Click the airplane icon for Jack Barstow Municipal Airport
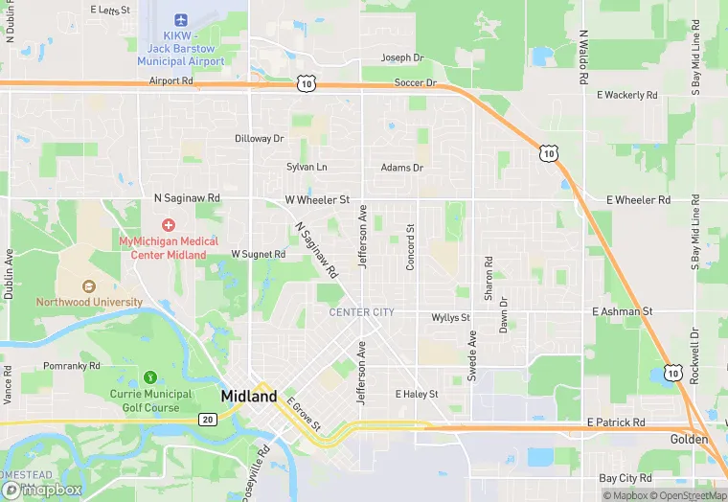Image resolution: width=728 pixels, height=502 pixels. (181, 20)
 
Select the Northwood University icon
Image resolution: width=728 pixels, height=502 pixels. (89, 285)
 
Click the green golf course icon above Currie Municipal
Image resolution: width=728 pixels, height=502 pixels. (149, 377)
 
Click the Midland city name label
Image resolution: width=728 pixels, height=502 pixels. (249, 396)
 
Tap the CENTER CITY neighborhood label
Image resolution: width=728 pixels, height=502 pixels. (361, 312)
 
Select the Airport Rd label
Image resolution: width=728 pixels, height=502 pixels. (171, 82)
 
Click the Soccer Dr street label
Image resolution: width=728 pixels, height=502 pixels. (416, 83)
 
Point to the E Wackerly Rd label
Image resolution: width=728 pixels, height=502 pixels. (627, 96)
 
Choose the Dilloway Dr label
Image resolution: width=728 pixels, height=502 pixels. (260, 139)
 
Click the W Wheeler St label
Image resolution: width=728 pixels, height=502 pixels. (317, 199)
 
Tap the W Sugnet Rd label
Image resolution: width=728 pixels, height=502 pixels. (258, 255)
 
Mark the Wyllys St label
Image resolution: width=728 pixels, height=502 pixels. (450, 317)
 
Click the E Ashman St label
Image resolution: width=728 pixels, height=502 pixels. (622, 312)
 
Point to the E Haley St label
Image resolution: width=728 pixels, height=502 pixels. (417, 394)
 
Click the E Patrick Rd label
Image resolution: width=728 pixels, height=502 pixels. (616, 422)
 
